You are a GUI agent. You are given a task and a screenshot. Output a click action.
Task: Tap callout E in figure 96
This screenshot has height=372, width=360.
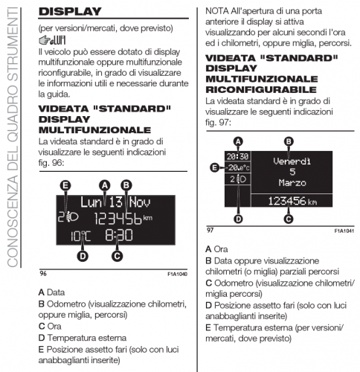[x=65, y=185]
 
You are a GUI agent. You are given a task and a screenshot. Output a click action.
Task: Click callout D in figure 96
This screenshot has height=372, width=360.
[x=83, y=256]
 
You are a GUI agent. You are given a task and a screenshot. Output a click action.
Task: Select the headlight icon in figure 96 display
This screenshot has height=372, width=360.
[x=72, y=218]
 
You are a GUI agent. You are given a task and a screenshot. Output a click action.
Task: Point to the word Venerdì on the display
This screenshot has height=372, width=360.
[x=288, y=159]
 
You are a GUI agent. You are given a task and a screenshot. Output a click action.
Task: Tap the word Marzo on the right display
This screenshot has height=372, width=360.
[x=288, y=182]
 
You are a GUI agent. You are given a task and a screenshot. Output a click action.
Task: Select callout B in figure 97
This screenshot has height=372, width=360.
[x=288, y=141]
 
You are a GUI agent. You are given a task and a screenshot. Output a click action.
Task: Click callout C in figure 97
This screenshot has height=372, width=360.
[x=288, y=218]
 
